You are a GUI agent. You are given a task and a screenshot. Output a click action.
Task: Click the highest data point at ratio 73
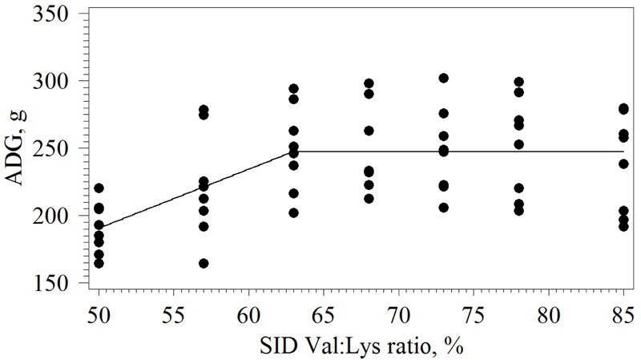pos(444,78)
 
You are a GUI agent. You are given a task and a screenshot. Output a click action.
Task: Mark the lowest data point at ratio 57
pos(204,263)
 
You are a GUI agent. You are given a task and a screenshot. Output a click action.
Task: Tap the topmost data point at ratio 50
pos(99,188)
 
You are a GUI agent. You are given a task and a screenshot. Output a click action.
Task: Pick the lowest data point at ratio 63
pos(293,212)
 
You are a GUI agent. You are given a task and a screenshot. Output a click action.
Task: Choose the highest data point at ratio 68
pos(369,83)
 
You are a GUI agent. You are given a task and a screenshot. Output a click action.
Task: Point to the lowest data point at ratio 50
pos(99,263)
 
